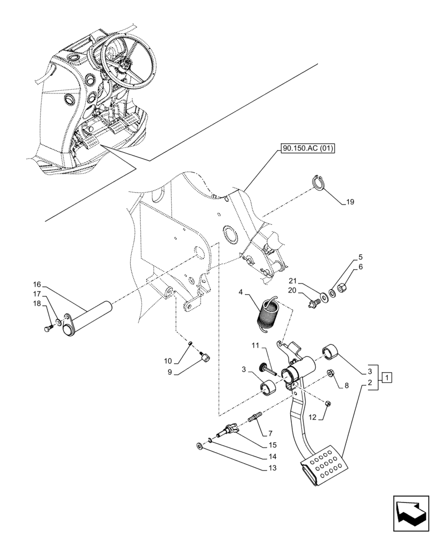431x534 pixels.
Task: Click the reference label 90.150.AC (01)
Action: click(305, 149)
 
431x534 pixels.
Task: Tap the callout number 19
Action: click(349, 202)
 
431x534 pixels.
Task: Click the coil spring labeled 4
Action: click(268, 316)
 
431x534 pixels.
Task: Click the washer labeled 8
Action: click(331, 372)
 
